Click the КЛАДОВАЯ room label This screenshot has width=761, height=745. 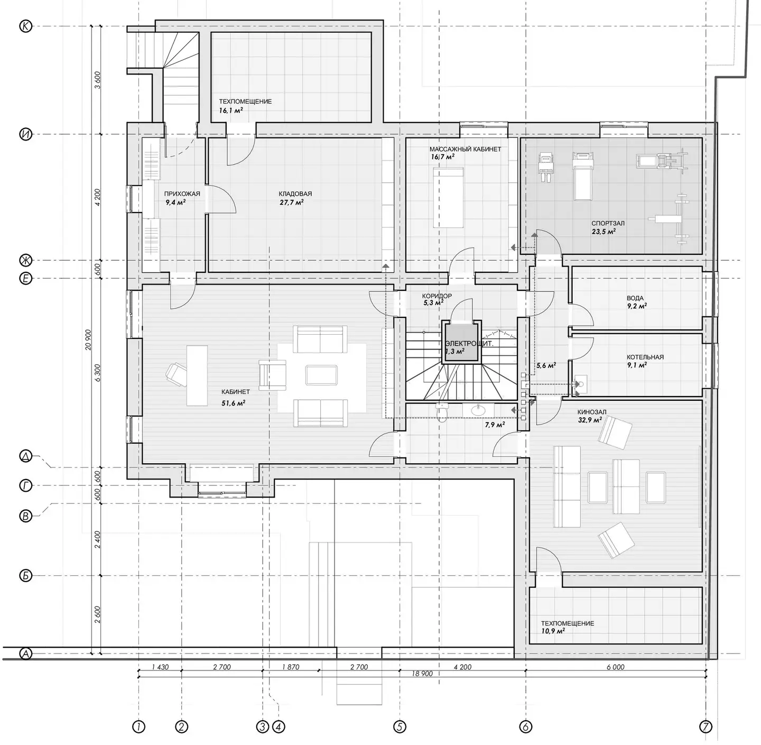coord(295,194)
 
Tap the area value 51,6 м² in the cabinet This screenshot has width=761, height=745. coord(234,403)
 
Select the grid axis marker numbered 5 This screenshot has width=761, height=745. coord(400,727)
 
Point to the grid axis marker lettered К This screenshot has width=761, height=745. coord(26,26)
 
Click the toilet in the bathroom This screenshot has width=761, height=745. coord(441,413)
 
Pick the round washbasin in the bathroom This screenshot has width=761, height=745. coord(477,410)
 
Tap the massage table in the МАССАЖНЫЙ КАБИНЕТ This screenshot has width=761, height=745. coord(448,198)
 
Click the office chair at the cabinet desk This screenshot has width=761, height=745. coord(177,372)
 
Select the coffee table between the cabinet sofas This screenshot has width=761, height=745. coord(321,375)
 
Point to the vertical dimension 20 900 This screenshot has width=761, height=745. coord(88,339)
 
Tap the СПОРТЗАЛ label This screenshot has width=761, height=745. coord(608,224)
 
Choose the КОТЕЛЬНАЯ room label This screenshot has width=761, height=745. coord(645,357)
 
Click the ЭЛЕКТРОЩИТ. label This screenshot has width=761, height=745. coord(469,344)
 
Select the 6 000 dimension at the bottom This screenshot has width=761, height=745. coord(616,667)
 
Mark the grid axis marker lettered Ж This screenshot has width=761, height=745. coord(26,260)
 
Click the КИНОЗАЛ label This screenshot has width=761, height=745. coord(592,412)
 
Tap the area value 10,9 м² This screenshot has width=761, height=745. coord(553,631)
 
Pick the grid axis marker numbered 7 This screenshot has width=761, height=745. coord(706,727)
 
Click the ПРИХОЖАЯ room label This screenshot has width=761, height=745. coord(182,194)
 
